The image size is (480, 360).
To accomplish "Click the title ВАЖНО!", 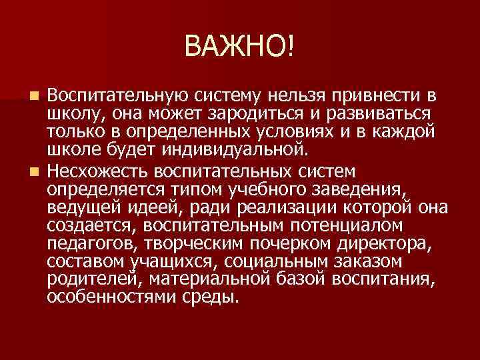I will (x=239, y=46).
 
